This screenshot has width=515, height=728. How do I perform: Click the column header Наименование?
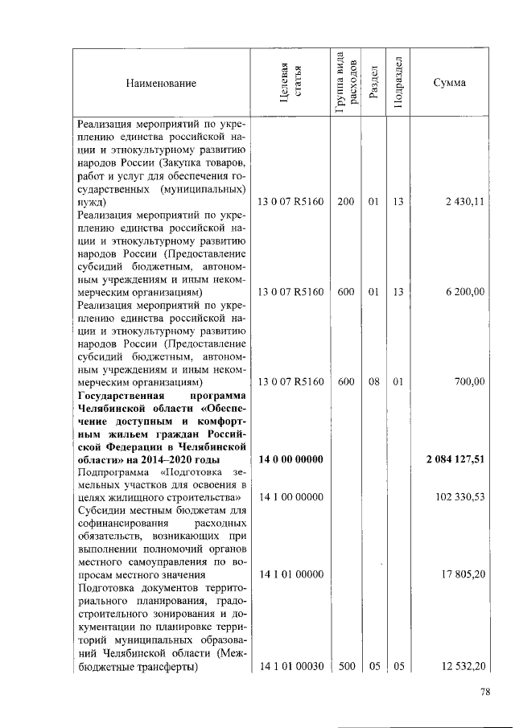tap(160, 84)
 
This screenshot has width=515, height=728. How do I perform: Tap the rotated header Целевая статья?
tap(290, 84)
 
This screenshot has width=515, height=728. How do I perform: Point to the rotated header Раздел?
tap(373, 84)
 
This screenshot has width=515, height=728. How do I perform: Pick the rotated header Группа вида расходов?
tap(347, 84)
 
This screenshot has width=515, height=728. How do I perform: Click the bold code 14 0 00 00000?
tap(290, 459)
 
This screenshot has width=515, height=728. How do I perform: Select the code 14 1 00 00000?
tap(290, 498)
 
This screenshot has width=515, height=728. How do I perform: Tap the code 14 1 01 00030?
tap(290, 667)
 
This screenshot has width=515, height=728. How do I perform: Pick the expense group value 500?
tap(347, 667)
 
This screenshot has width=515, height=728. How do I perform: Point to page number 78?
tap(485, 693)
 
